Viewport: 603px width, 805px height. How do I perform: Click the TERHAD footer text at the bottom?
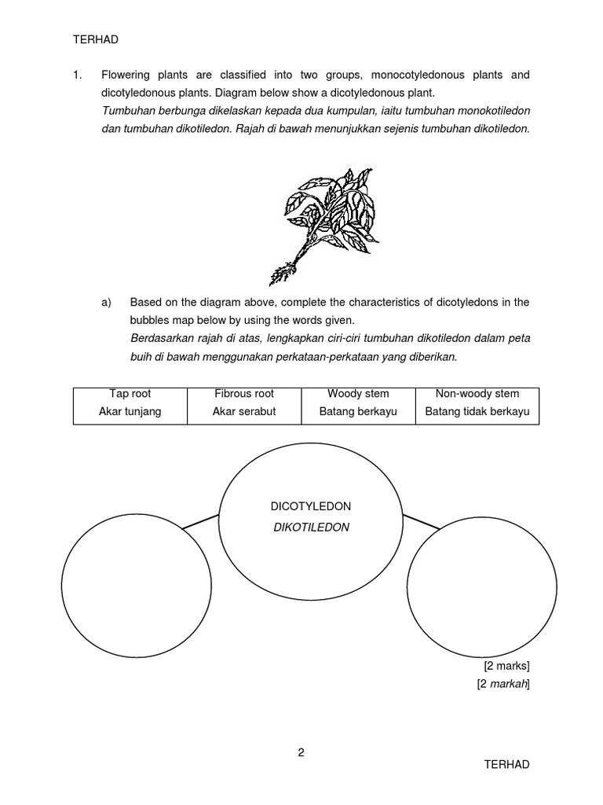[506, 764]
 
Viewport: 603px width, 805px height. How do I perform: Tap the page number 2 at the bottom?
[301, 752]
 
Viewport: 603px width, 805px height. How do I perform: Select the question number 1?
[77, 75]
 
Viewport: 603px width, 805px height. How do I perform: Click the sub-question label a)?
[106, 302]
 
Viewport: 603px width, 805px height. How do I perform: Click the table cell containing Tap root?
[130, 402]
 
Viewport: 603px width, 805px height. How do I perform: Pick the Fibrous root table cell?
[244, 402]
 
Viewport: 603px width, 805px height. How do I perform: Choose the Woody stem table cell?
[358, 402]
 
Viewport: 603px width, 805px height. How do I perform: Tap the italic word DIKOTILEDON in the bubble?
[310, 527]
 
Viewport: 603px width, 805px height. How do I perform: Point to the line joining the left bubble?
[200, 521]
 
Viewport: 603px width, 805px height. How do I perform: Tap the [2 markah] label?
[503, 684]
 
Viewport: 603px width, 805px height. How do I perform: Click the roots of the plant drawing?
[280, 273]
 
